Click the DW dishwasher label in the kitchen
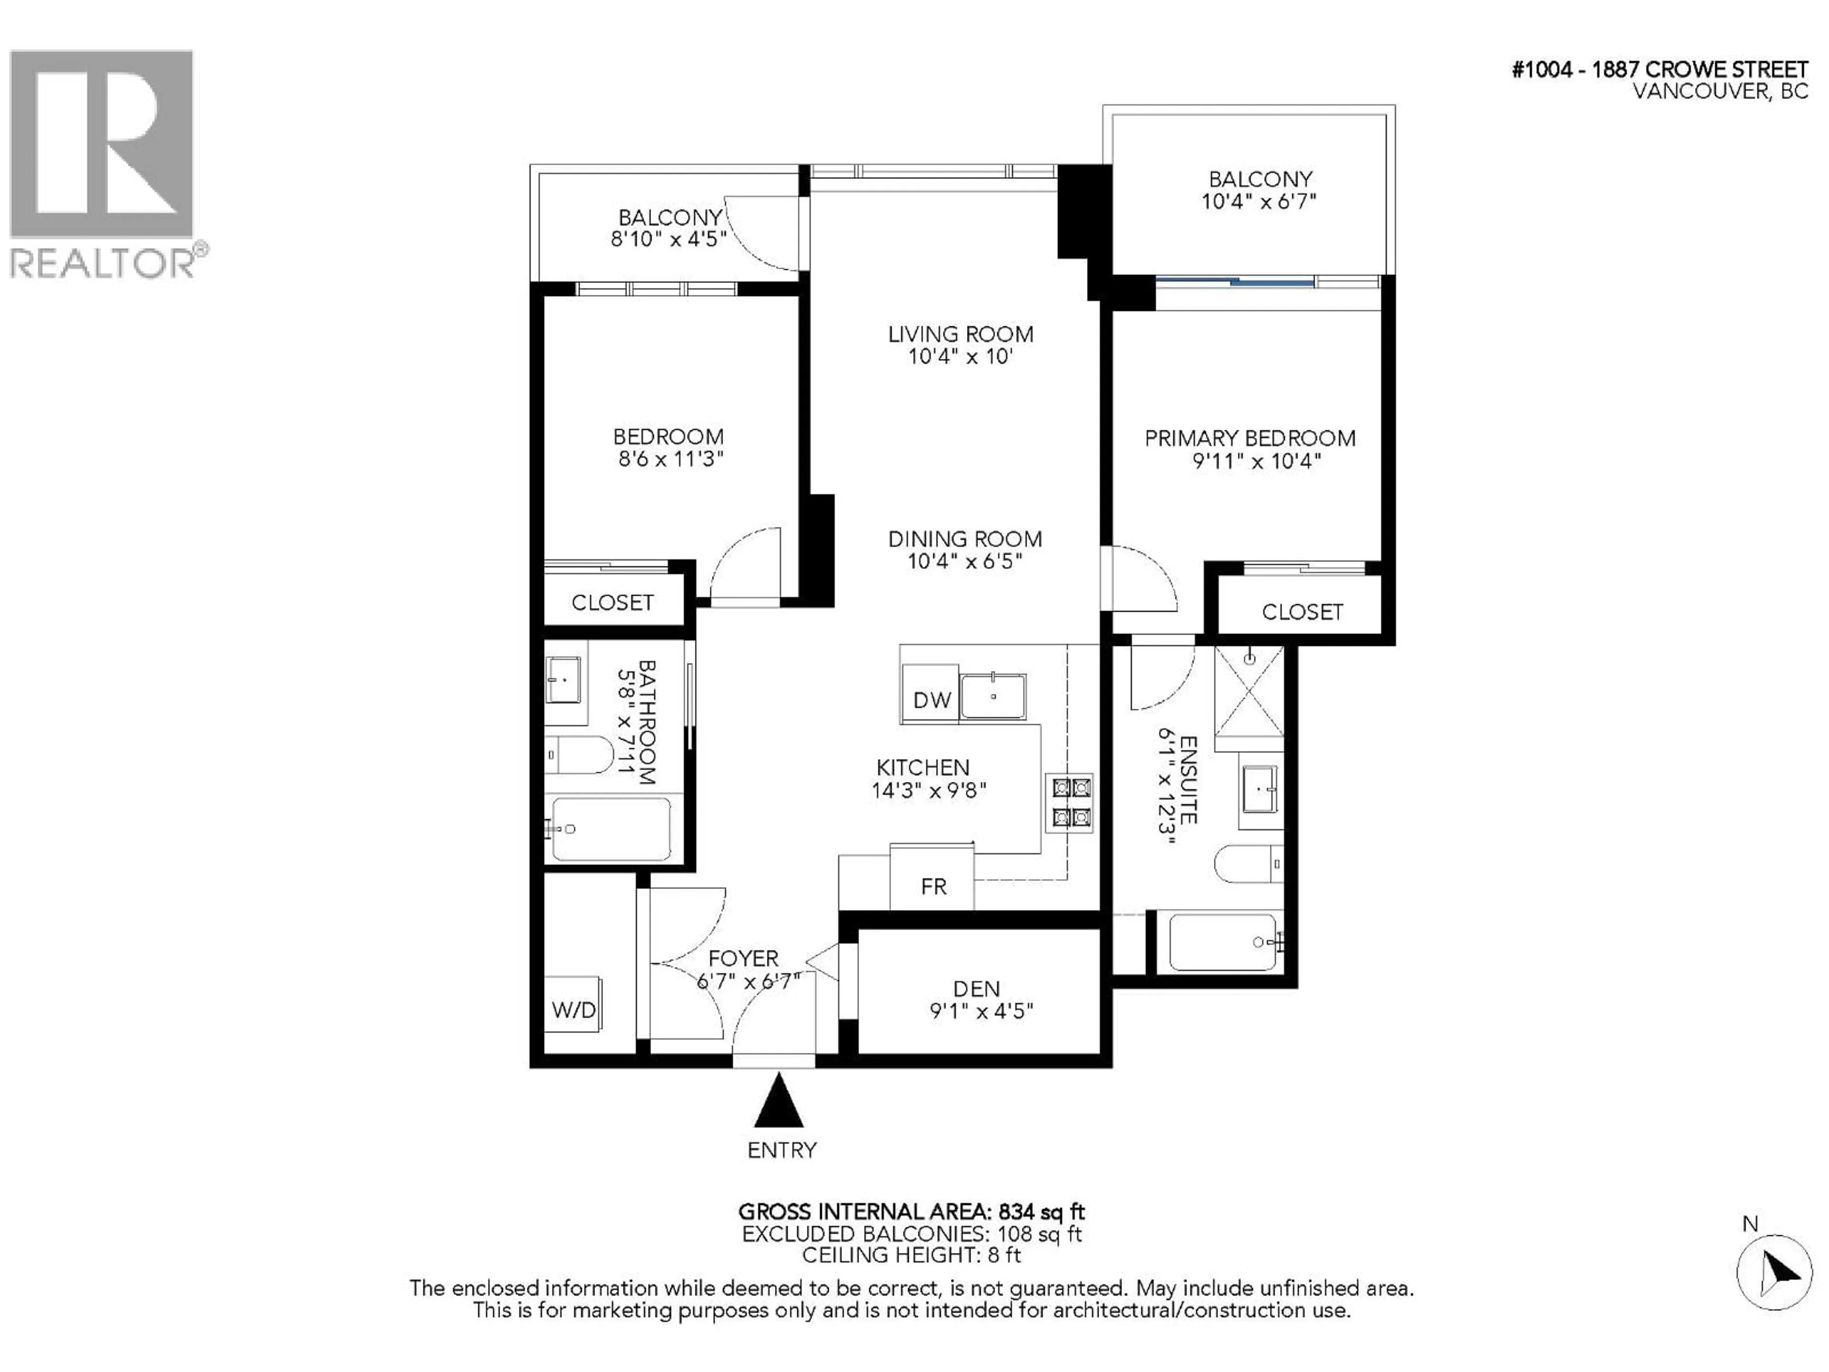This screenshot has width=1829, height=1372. (x=932, y=700)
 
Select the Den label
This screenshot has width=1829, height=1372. (x=976, y=989)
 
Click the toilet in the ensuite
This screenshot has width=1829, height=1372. (x=1248, y=864)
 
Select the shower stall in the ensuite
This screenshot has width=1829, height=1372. (x=1248, y=691)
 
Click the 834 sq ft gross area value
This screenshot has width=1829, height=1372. (x=1041, y=1212)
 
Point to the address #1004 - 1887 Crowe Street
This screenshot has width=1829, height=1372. (x=1659, y=70)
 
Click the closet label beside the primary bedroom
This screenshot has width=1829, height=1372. (x=1301, y=612)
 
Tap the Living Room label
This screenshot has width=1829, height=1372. (x=960, y=334)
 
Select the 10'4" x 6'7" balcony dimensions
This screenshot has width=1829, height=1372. (x=1258, y=201)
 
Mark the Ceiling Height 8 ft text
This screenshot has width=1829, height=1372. (x=911, y=1255)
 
